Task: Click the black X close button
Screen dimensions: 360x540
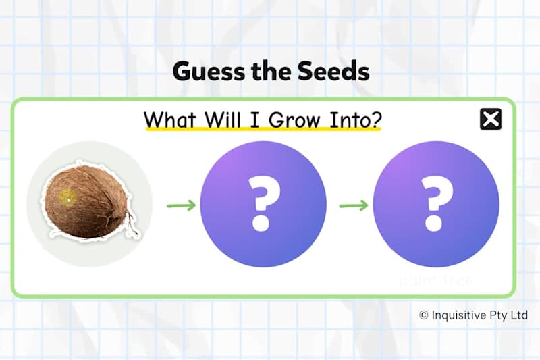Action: [491, 120]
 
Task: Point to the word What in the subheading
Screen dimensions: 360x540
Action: [169, 120]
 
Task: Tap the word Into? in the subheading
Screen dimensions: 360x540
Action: [356, 120]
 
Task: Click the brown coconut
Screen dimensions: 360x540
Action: [88, 203]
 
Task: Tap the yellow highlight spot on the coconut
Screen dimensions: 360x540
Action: [67, 198]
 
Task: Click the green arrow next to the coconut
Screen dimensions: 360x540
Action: [181, 205]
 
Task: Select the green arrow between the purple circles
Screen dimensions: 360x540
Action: [353, 205]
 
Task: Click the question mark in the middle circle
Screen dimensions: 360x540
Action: [264, 203]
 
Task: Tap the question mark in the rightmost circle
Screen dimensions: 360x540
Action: [436, 203]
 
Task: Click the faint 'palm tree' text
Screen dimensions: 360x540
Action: [436, 280]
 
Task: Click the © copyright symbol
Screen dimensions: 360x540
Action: [424, 315]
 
